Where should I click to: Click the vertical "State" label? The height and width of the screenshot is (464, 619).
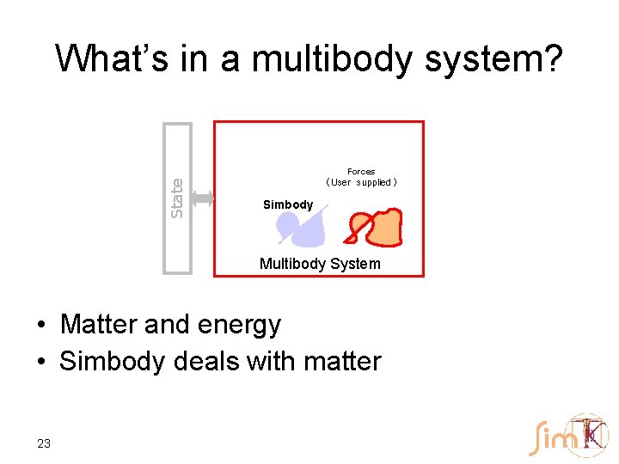[x=177, y=198]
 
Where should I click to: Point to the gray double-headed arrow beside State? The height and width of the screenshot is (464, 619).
[x=202, y=198]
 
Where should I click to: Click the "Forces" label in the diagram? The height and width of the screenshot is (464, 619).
[x=361, y=172]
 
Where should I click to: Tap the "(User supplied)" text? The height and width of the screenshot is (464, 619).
[x=361, y=182]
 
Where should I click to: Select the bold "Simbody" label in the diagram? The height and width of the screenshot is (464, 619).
[x=288, y=205]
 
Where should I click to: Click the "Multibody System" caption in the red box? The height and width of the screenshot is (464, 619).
[x=320, y=264]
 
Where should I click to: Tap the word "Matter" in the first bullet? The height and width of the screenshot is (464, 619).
[x=99, y=325]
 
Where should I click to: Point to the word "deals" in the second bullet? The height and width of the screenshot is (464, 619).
[x=206, y=362]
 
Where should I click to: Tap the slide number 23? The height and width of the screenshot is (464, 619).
[x=44, y=443]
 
